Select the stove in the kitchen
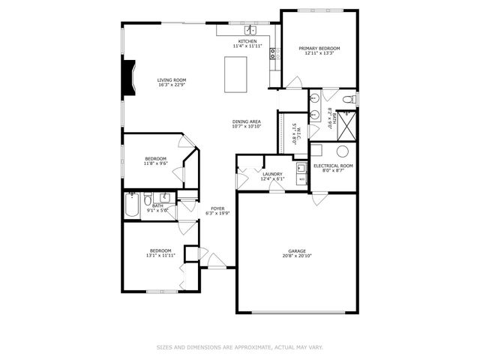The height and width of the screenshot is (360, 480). pos(274,53)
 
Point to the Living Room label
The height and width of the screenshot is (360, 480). pos(172,79)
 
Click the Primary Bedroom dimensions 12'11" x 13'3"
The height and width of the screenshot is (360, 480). pos(319,53)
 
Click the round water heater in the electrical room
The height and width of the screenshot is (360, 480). pos(342,151)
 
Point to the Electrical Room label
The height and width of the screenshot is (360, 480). pos(333,165)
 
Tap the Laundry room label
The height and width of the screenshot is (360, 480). pos(272,174)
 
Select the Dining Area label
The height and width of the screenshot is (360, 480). pos(246,121)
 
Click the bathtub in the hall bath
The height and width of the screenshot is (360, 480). pos(131,205)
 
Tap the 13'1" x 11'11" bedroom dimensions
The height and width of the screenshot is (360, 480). pos(160,255)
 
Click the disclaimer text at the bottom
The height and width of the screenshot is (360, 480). pos(240,347)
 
